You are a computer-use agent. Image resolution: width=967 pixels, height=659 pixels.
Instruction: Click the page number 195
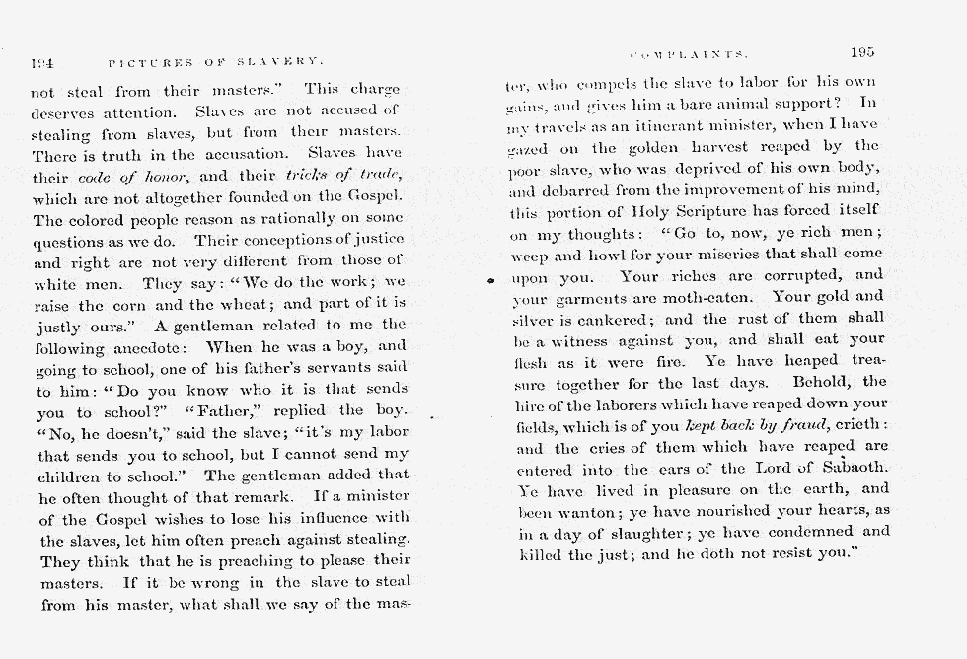861,52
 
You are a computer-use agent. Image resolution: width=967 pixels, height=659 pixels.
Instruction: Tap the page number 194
42,61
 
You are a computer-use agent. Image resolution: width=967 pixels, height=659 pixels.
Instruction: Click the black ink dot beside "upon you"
490,281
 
